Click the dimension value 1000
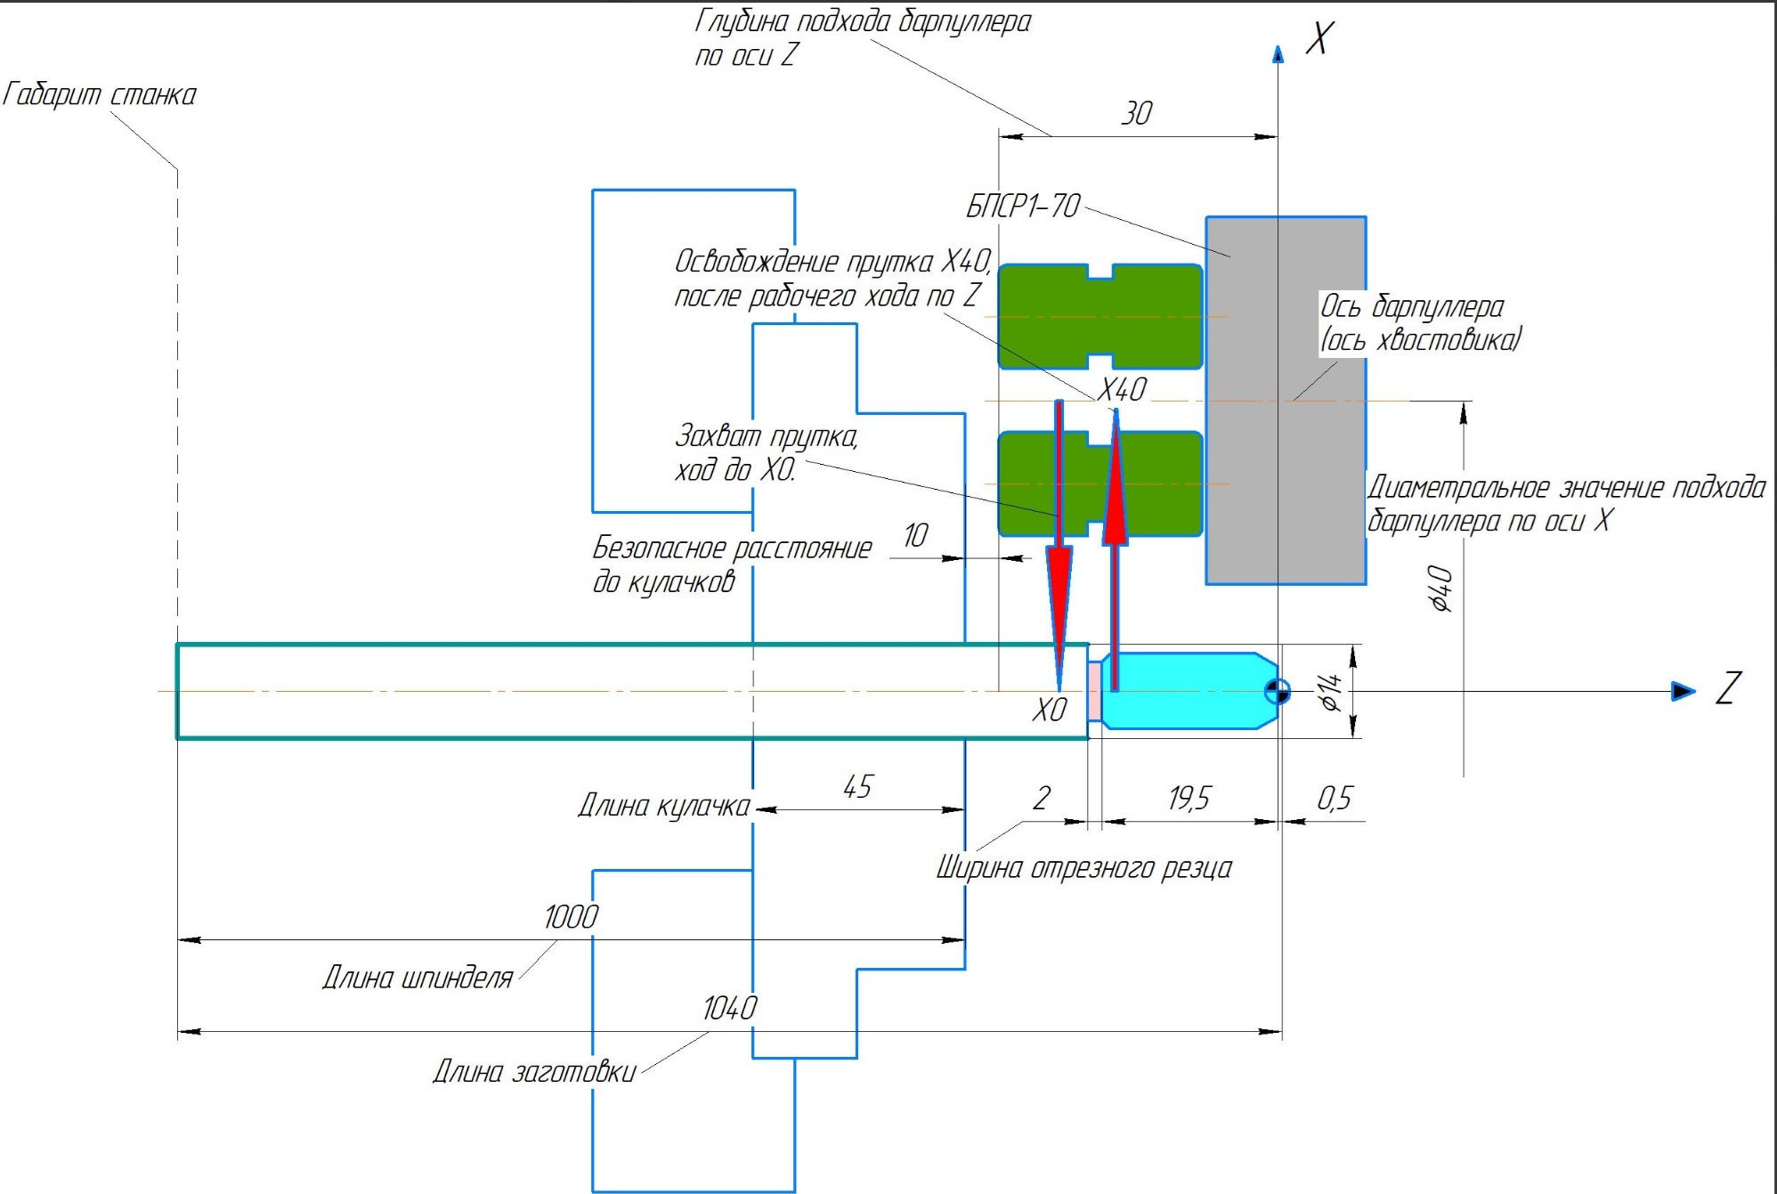(571, 916)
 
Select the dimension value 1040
(729, 1008)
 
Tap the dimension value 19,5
(1189, 798)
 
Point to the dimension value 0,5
(1334, 798)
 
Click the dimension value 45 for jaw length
(857, 786)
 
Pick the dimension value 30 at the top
(1136, 113)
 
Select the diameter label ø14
(1330, 691)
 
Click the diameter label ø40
(1440, 589)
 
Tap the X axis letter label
(1319, 38)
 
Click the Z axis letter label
(1728, 688)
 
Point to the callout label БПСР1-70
(1023, 207)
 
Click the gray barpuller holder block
(1286, 499)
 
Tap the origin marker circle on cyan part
(1277, 691)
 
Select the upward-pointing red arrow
(1115, 499)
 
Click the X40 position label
(1122, 390)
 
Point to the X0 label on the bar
(1049, 710)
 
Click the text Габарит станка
(99, 94)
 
